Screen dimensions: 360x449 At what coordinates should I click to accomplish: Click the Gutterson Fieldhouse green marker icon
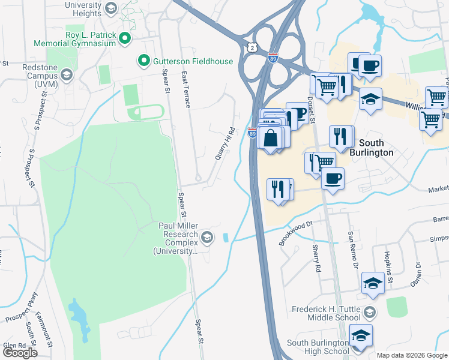143,61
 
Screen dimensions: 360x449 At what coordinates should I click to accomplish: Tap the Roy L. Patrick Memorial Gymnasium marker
125,39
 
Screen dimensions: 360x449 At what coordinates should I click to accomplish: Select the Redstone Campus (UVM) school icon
66,75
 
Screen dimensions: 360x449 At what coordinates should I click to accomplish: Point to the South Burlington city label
376,148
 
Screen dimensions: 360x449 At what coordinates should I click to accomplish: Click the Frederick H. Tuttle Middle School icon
370,311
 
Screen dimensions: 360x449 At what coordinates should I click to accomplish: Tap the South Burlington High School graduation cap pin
361,337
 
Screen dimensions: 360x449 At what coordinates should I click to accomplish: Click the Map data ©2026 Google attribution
412,355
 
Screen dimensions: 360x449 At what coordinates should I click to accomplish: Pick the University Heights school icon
110,8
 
